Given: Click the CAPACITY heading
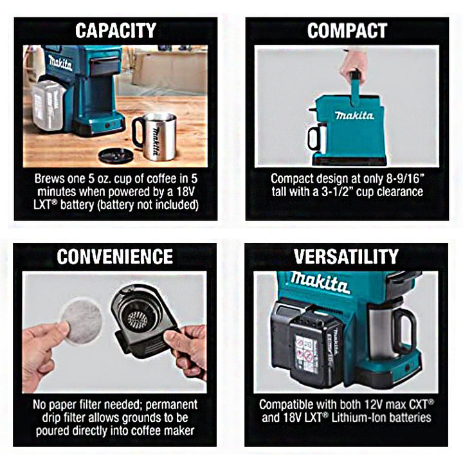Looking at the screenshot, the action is [x=116, y=30].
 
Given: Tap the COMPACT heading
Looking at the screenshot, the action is [x=347, y=30].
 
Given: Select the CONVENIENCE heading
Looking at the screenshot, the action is [x=115, y=257].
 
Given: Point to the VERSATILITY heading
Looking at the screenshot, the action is [x=347, y=257].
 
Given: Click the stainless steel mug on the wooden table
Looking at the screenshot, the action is [x=155, y=136].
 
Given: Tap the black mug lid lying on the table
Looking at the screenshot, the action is [x=116, y=156].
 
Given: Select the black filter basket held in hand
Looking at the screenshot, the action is [x=141, y=320].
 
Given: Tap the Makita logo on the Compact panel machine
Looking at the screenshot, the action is [x=354, y=116].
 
